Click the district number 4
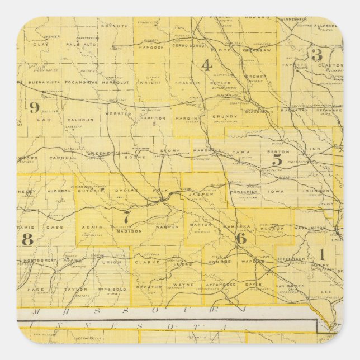pyautogui.click(x=207, y=65)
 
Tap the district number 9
pyautogui.click(x=35, y=107)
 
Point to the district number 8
pyautogui.click(x=27, y=239)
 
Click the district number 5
pyautogui.click(x=277, y=160)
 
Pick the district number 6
pyautogui.click(x=241, y=238)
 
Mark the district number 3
pyautogui.click(x=317, y=55)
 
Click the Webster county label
pyautogui.click(x=122, y=113)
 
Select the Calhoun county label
pyautogui.click(x=80, y=119)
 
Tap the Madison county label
pyautogui.click(x=128, y=231)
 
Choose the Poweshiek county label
pyautogui.click(x=242, y=191)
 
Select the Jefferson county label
pyautogui.click(x=291, y=259)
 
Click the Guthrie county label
pyautogui.click(x=92, y=191)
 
